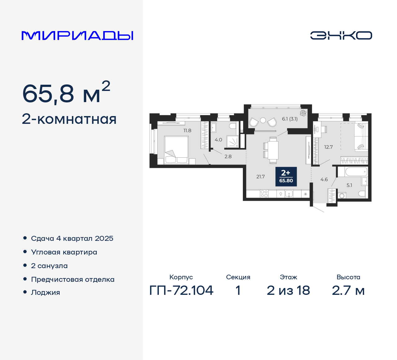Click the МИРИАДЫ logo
point(77,36)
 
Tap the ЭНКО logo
point(341,35)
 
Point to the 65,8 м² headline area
point(66,93)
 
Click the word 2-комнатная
point(69,119)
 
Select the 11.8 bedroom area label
point(187,131)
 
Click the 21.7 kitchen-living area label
point(261,177)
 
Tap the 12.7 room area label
point(328,147)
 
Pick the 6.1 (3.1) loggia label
point(290,119)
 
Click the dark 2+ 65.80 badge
point(286,177)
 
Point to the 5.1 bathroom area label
point(349,185)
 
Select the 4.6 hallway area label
point(324,180)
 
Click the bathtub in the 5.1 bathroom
point(352,172)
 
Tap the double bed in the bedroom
point(176,150)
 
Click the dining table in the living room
point(273,150)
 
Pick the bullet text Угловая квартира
point(64,252)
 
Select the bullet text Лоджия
point(46,293)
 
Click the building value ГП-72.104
point(181,290)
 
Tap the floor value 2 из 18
point(288,290)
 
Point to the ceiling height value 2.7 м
point(348,290)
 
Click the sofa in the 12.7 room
point(361,136)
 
